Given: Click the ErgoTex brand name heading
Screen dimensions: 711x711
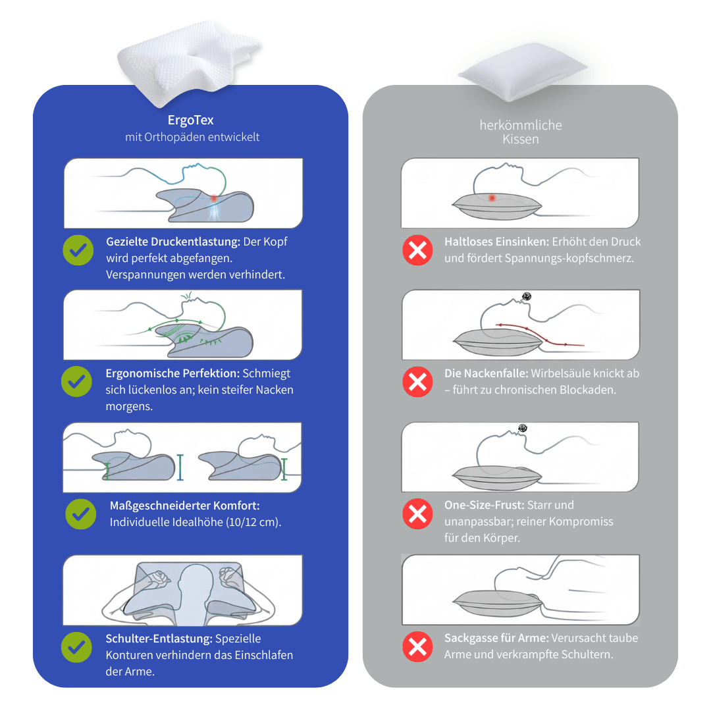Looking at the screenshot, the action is [190, 120].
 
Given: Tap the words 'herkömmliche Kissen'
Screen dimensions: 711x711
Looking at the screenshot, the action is [521, 132].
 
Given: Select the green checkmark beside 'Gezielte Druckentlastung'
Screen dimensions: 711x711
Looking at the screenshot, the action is [78, 250].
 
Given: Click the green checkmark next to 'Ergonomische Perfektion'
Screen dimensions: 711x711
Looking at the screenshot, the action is [76, 381].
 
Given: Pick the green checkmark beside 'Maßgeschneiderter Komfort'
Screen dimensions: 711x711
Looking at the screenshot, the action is [81, 513].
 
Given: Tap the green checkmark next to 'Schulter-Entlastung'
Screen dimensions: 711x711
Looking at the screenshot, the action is [76, 647].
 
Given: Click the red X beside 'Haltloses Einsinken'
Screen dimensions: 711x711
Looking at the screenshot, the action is [417, 250].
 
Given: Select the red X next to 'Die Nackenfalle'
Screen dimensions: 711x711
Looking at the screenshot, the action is [417, 381].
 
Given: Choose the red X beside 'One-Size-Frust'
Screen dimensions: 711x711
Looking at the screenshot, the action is [417, 513].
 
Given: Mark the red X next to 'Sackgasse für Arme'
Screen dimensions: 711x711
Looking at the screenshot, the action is [417, 646].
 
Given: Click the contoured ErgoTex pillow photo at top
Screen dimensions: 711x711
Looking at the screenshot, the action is [188, 61].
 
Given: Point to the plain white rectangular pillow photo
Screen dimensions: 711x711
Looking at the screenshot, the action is [522, 71].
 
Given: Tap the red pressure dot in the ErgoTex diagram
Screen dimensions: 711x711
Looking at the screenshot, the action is [214, 198].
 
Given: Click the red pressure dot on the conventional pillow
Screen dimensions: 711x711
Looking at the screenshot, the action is [492, 197].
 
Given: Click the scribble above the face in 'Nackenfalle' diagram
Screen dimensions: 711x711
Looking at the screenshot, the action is [527, 296].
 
